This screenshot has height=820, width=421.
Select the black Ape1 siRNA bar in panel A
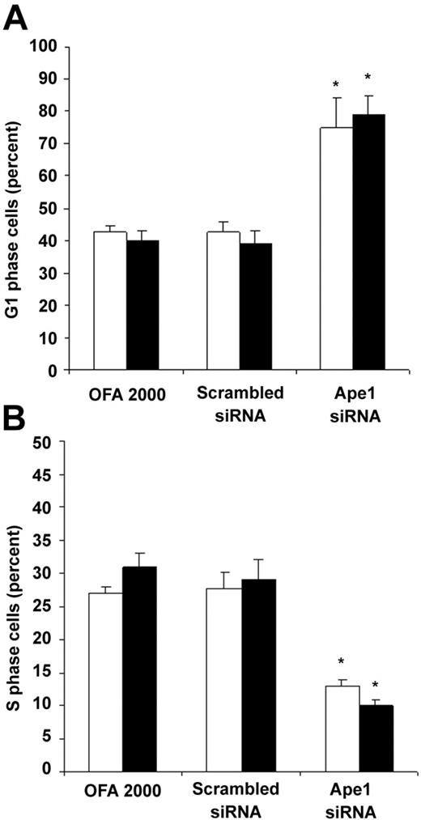coord(368,242)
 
